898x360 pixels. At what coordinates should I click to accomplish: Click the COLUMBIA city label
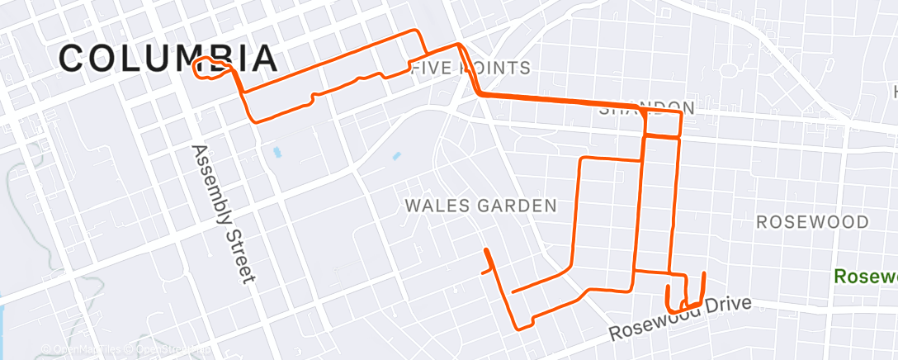168,58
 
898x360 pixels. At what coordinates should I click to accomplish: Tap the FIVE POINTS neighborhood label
470,68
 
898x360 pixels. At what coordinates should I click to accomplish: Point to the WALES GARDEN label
481,206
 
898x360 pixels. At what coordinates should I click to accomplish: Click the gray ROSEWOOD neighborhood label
812,222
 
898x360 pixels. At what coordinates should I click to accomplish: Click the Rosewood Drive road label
681,319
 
